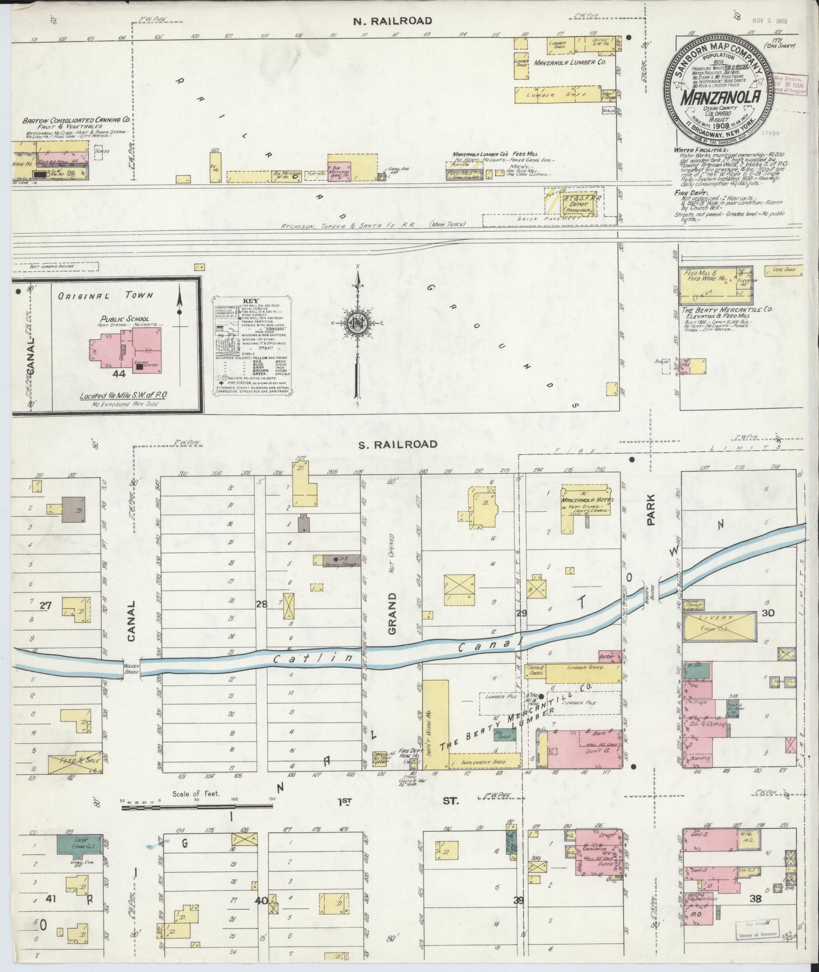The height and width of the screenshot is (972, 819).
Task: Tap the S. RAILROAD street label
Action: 398,445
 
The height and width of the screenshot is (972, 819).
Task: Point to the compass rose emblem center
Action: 357,322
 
